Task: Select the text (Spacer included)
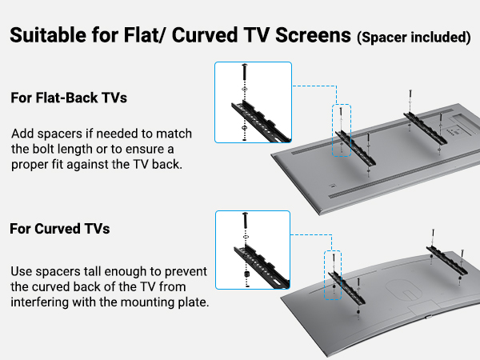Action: coord(413,38)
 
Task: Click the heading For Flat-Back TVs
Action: coord(69,98)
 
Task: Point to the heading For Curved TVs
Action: coord(60,229)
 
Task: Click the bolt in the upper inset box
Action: coord(242,78)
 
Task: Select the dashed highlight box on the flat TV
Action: coord(342,130)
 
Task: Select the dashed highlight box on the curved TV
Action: coord(331,274)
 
